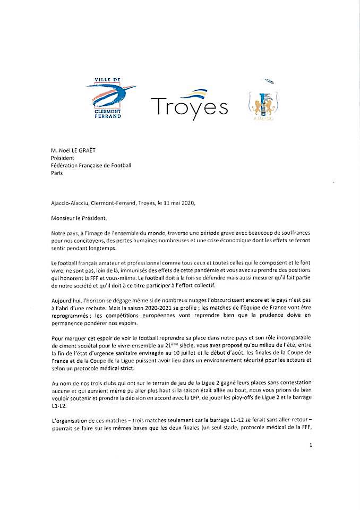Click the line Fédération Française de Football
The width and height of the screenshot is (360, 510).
(91, 165)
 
